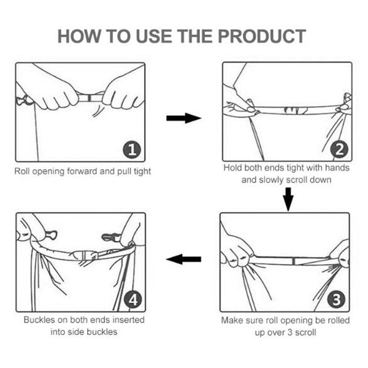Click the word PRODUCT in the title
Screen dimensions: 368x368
(262, 36)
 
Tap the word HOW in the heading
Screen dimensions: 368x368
(79, 36)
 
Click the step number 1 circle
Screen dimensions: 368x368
(132, 149)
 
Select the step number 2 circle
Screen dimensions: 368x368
(339, 149)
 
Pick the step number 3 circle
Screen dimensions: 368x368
(337, 299)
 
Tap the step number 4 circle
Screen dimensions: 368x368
(133, 299)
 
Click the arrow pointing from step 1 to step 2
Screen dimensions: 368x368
(184, 118)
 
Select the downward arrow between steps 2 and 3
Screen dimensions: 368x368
(288, 199)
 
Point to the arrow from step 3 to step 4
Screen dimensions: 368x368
(183, 259)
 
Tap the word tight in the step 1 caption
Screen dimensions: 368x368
(142, 171)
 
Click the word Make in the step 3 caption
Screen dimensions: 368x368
(232, 320)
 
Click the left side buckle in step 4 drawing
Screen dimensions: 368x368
(51, 235)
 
